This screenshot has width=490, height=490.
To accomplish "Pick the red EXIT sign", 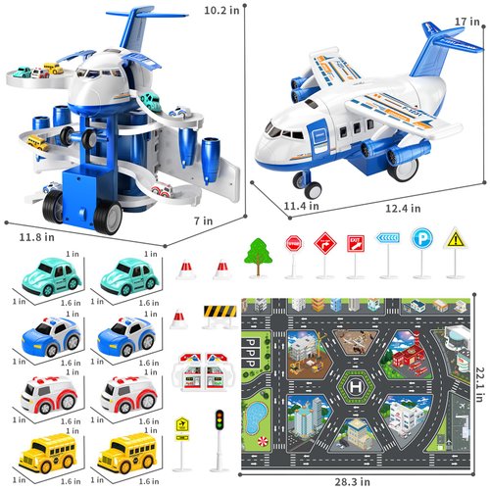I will pyautogui.click(x=356, y=241).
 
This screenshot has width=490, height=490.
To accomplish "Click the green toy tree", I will pyautogui.click(x=258, y=253).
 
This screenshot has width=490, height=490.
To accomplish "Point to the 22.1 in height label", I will pyautogui.click(x=473, y=369).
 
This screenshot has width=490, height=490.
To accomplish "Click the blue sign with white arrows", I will pyautogui.click(x=388, y=238).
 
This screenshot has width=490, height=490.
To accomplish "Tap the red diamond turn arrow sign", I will pyautogui.click(x=324, y=240).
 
